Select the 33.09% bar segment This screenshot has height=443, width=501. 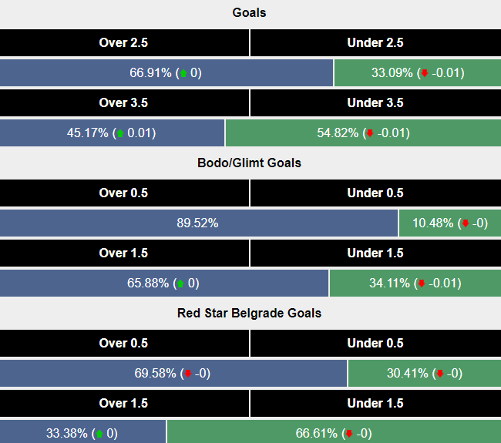pyautogui.click(x=417, y=73)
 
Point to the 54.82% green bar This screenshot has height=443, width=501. pyautogui.click(x=363, y=133)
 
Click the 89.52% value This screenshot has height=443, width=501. pyautogui.click(x=197, y=223)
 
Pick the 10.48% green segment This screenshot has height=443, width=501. pyautogui.click(x=449, y=223)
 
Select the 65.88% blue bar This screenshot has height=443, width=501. pyautogui.click(x=164, y=283)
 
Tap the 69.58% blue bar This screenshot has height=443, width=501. pyautogui.click(x=173, y=374)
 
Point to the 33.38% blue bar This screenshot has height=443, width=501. pyautogui.click(x=83, y=433)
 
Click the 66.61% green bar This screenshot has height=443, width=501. pyautogui.click(x=334, y=433)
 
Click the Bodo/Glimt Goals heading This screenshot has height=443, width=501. pyautogui.click(x=250, y=163)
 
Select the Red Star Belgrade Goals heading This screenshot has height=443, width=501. pyautogui.click(x=250, y=313)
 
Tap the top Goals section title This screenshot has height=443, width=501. pyautogui.click(x=250, y=13)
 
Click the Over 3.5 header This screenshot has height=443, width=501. pyautogui.click(x=124, y=102)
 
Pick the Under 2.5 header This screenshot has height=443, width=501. pyautogui.click(x=375, y=43)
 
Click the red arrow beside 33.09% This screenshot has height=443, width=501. pyautogui.click(x=423, y=74)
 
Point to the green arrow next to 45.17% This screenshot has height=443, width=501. pyautogui.click(x=119, y=133)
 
